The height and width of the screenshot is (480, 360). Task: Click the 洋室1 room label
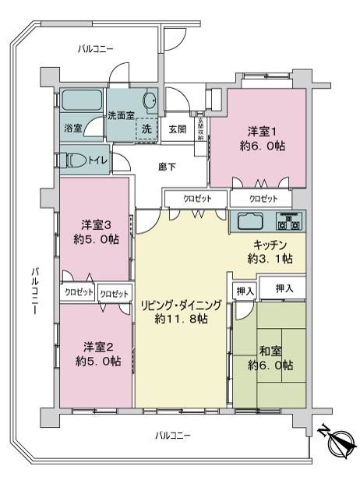263,132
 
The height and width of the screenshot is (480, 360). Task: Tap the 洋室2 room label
98,348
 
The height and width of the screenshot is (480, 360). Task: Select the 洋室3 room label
96,225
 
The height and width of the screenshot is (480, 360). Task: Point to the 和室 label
270,351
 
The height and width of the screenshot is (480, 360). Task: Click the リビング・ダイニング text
181,305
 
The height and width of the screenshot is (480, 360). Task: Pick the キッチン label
270,245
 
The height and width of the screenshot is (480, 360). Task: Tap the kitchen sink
251,221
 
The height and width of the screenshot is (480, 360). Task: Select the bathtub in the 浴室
82,100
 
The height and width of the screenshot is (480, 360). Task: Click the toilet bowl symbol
74,161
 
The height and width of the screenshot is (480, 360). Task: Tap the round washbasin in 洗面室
150,99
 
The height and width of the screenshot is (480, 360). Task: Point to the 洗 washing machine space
146,129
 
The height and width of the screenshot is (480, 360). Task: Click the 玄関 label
178,129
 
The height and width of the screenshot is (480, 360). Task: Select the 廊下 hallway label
167,167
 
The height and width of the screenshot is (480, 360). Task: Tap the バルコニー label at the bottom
173,436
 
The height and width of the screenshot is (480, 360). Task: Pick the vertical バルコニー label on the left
35,291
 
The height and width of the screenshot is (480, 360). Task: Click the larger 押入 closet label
284,288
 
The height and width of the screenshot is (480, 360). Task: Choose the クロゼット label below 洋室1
263,199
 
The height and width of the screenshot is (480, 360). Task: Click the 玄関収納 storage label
201,129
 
